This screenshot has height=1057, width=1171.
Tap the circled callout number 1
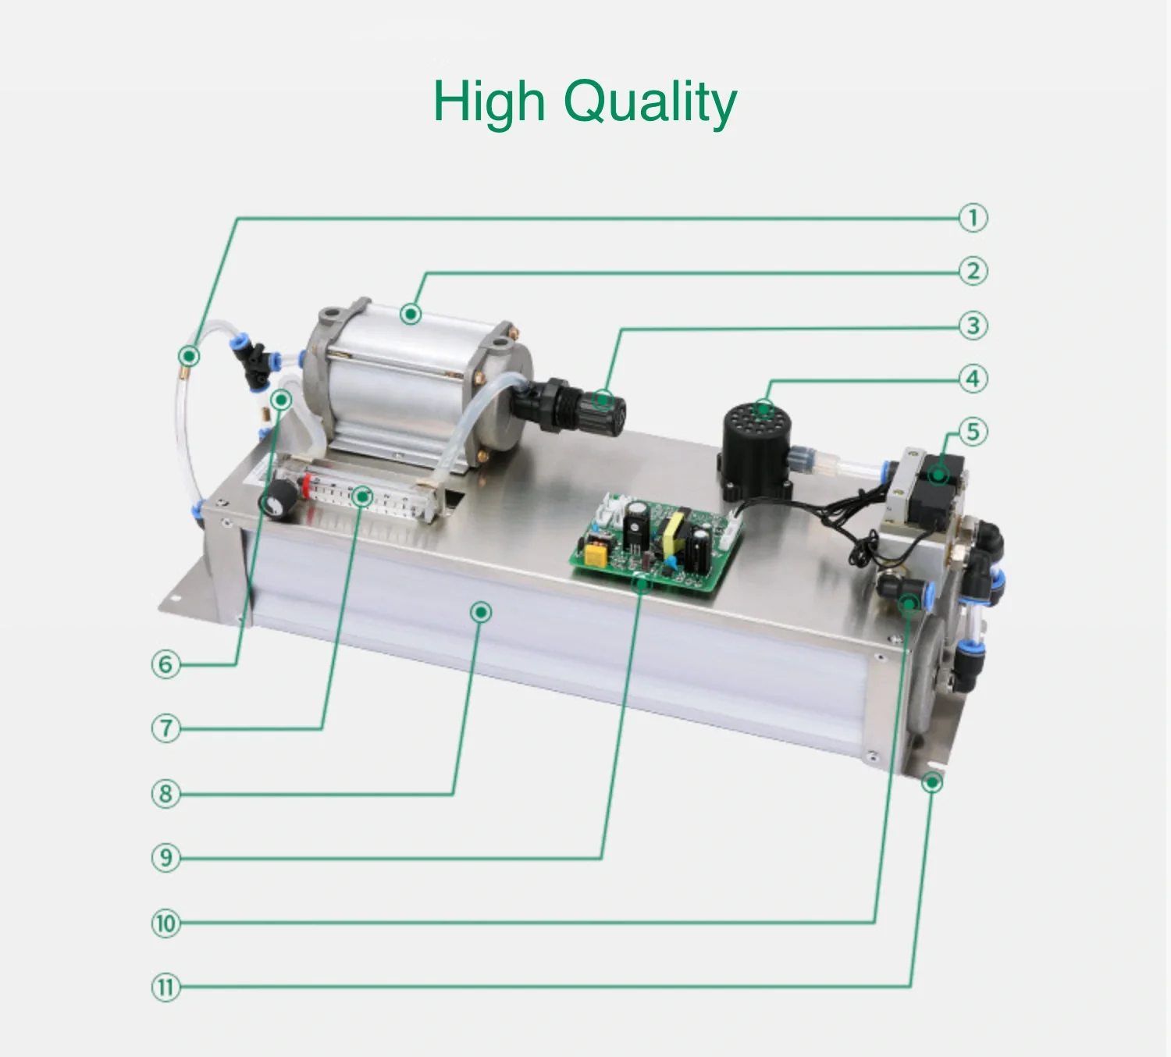coord(973,218)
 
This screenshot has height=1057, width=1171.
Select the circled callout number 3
coord(973,326)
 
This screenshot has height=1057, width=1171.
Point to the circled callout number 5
coord(973,432)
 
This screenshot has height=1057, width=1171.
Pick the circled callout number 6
coord(166,664)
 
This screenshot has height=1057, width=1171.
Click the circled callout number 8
coord(166,794)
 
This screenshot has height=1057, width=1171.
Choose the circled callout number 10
coord(166,924)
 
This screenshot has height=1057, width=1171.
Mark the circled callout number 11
coord(166,988)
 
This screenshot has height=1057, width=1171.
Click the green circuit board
coord(655,543)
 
